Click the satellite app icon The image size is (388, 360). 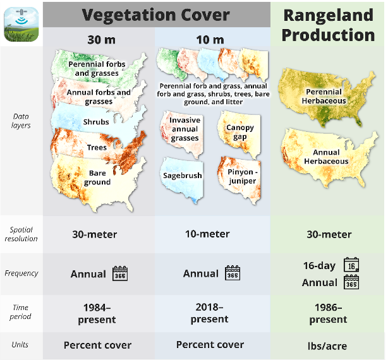[x=21, y=24]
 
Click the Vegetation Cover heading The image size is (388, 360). [x=155, y=15]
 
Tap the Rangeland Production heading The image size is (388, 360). [x=328, y=25]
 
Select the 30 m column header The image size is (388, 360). [x=102, y=40]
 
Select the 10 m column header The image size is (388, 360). [x=210, y=40]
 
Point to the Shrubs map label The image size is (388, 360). [x=96, y=122]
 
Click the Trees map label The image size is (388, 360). [x=97, y=148]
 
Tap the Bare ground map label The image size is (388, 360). [x=97, y=177]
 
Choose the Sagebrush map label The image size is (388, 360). [x=183, y=176]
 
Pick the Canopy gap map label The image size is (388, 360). [x=240, y=132]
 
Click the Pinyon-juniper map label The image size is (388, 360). [x=243, y=176]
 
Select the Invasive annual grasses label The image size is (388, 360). [x=185, y=129]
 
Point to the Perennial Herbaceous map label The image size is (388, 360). [x=324, y=96]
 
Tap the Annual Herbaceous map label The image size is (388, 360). [x=326, y=157]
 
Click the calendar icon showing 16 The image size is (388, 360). [x=351, y=265]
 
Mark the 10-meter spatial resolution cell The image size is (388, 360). [x=207, y=234]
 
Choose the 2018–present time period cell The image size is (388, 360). [x=209, y=313]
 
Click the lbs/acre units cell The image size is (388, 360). [x=327, y=346]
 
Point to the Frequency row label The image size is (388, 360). [x=21, y=273]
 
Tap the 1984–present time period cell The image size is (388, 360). [x=97, y=313]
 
